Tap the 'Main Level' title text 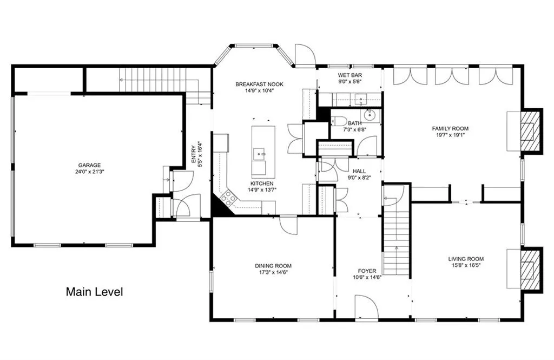[x=94, y=292]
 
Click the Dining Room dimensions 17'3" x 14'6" [x=273, y=273]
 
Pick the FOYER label [x=366, y=271]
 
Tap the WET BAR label [x=349, y=75]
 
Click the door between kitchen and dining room [x=288, y=225]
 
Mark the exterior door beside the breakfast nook [x=304, y=55]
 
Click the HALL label [x=359, y=171]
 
